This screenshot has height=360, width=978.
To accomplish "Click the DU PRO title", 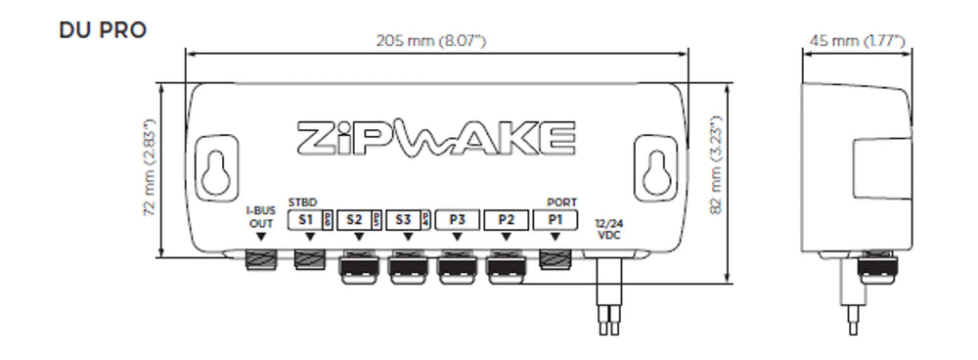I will [x=103, y=30].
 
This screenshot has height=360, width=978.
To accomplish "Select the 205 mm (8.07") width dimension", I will [x=431, y=41].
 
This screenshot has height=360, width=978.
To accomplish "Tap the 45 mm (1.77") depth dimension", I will [x=856, y=41].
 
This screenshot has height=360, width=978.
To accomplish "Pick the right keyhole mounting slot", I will [x=653, y=167].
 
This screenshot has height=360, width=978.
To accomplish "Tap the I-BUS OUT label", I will [x=259, y=216].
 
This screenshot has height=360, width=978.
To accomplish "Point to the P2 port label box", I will [x=506, y=220].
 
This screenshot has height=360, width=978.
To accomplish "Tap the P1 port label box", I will [x=556, y=220].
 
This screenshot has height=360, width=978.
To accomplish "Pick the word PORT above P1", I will [x=561, y=203].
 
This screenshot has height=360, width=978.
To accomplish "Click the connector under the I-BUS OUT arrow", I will [x=259, y=259].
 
